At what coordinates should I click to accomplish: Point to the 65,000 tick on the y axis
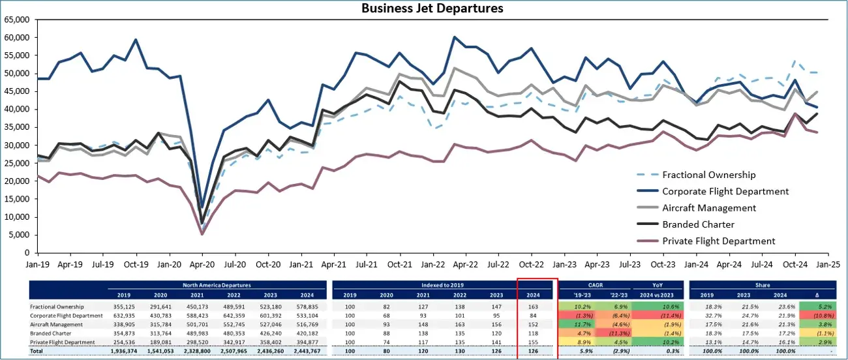pos(18,20)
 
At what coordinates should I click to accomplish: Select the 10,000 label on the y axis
pos(18,217)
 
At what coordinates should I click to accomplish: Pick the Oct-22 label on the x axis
pos(532,265)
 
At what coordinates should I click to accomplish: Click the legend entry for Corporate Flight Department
pos(725,191)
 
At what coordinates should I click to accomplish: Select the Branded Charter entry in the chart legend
pos(699,224)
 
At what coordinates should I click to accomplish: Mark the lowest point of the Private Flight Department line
pos(202,234)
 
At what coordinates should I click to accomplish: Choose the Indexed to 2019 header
pos(444,285)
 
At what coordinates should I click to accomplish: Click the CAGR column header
pos(595,285)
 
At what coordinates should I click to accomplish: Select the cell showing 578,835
pos(305,306)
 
